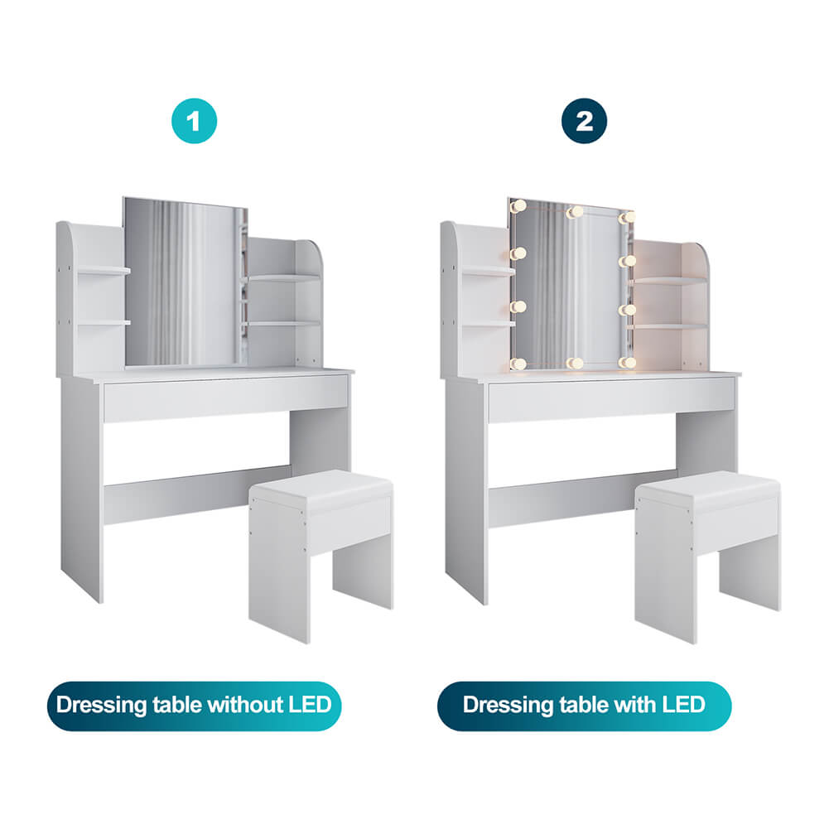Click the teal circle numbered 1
pos(194,122)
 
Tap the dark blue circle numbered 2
pos(585,122)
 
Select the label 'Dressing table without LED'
pos(194,706)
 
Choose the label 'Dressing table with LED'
pos(584,706)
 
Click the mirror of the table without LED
pos(184,282)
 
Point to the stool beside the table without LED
pos(321,547)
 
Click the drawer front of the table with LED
pos(610,400)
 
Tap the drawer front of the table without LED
pos(225,398)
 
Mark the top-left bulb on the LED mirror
pos(519,205)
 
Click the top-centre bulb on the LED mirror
pos(573,212)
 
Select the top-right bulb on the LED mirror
pos(628,217)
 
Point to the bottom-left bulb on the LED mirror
pos(518,363)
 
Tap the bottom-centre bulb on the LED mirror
pos(573,363)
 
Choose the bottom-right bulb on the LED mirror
pos(628,362)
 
